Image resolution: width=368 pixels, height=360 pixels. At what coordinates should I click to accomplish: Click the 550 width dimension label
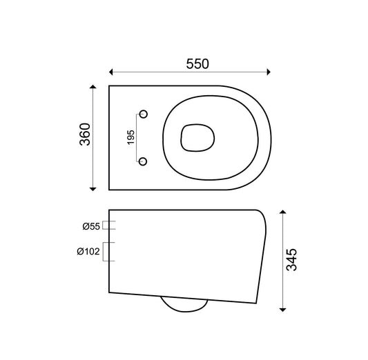pos(197,63)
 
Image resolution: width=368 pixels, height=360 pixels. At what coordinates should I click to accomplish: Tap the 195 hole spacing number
pos(130,137)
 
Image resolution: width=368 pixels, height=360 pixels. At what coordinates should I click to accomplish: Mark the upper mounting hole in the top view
pos(143,113)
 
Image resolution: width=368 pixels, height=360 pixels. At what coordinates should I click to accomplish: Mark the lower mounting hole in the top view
pos(143,161)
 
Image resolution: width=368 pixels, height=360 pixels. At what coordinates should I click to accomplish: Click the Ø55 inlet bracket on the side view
pos(110,225)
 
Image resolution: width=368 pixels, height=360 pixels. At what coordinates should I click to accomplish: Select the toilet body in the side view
pos(186,252)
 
